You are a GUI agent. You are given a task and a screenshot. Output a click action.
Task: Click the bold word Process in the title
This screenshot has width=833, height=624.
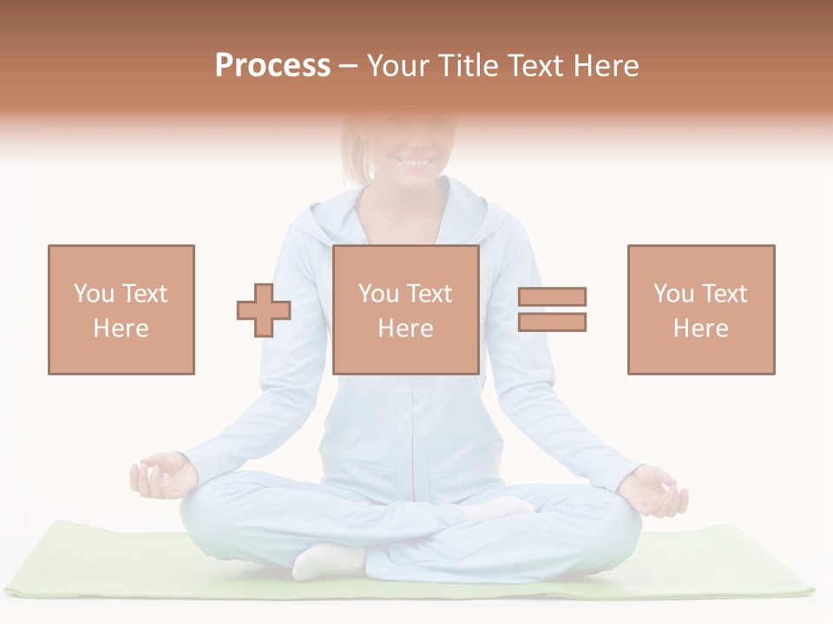point(272,66)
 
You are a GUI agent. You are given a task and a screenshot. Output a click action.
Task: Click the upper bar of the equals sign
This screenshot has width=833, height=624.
point(552,297)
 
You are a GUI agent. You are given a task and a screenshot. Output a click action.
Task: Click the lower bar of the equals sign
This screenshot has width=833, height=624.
point(552,322)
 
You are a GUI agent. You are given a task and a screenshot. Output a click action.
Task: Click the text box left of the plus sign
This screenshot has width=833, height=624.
point(121,309)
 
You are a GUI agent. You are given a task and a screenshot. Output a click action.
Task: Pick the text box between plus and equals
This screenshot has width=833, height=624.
point(405,309)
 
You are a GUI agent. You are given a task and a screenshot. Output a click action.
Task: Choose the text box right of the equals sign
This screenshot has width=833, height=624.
point(700,309)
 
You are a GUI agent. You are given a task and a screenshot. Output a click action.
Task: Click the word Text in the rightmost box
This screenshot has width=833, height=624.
point(723,294)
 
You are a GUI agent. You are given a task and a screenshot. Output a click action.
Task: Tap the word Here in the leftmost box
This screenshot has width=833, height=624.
point(121,328)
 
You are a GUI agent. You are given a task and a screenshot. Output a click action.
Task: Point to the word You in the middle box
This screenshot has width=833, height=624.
point(378,294)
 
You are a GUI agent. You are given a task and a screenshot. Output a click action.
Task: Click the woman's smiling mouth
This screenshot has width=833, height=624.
point(415,161)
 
